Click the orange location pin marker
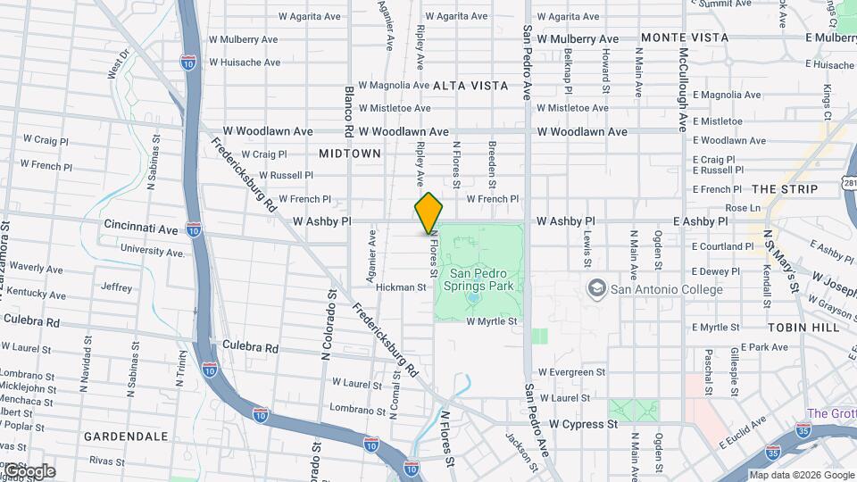[x=428, y=213]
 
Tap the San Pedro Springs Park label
[x=481, y=280]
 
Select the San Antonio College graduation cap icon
[x=595, y=288]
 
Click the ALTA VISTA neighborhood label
[x=470, y=86]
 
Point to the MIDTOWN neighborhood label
[x=350, y=154]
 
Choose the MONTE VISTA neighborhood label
[x=684, y=37]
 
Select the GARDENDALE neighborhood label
[x=126, y=436]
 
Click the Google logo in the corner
[x=29, y=471]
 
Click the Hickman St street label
[x=401, y=287]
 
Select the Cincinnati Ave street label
[x=141, y=229]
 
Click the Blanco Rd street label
[x=350, y=110]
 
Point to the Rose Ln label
[x=743, y=208]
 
